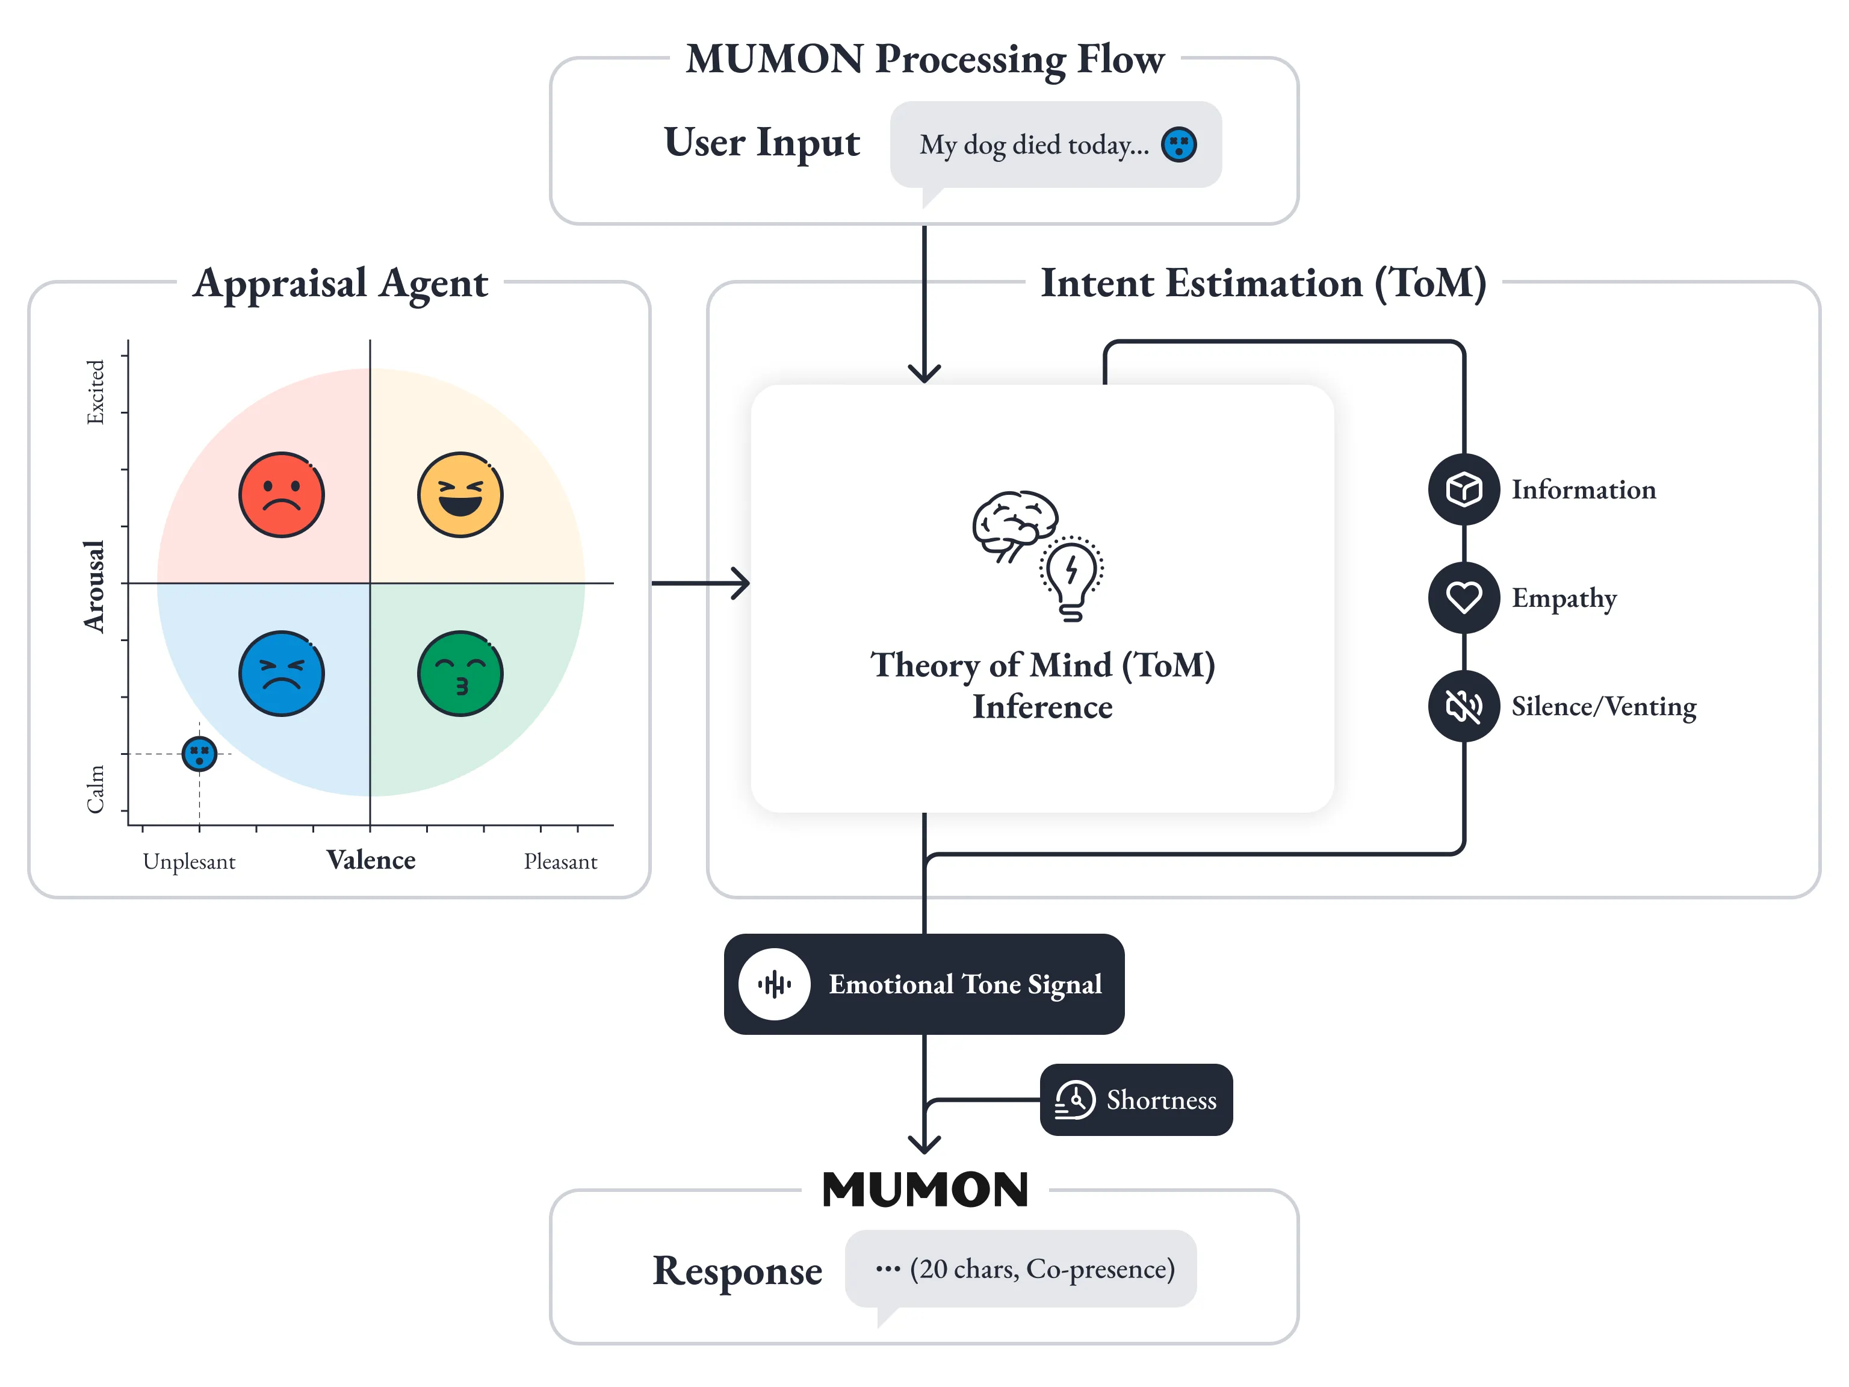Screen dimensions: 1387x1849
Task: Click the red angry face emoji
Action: pyautogui.click(x=282, y=495)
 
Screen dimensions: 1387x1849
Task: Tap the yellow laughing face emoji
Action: pyautogui.click(x=460, y=495)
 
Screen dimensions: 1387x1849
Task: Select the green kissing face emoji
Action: pyautogui.click(x=460, y=674)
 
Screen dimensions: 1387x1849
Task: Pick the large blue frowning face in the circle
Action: pyautogui.click(x=282, y=674)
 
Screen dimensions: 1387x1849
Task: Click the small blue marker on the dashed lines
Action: pyautogui.click(x=199, y=754)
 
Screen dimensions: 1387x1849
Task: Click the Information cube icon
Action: pyautogui.click(x=1464, y=490)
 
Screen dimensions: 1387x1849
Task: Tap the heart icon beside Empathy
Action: pyautogui.click(x=1464, y=598)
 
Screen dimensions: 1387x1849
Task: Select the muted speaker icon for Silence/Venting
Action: pyautogui.click(x=1464, y=707)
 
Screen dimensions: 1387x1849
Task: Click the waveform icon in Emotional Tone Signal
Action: pyautogui.click(x=774, y=984)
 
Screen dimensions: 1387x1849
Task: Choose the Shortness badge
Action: pyautogui.click(x=1136, y=1099)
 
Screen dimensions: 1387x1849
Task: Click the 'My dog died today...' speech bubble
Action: pyautogui.click(x=1055, y=144)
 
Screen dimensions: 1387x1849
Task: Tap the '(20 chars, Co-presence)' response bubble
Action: pyautogui.click(x=1021, y=1269)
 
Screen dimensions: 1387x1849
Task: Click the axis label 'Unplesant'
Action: pyautogui.click(x=189, y=862)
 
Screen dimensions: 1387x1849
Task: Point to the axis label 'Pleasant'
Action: pyautogui.click(x=560, y=862)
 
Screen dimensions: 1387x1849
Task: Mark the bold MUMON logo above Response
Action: pyautogui.click(x=924, y=1190)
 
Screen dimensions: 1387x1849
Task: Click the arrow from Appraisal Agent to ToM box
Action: pyautogui.click(x=701, y=583)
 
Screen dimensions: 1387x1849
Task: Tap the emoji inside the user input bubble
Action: pyautogui.click(x=1178, y=144)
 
